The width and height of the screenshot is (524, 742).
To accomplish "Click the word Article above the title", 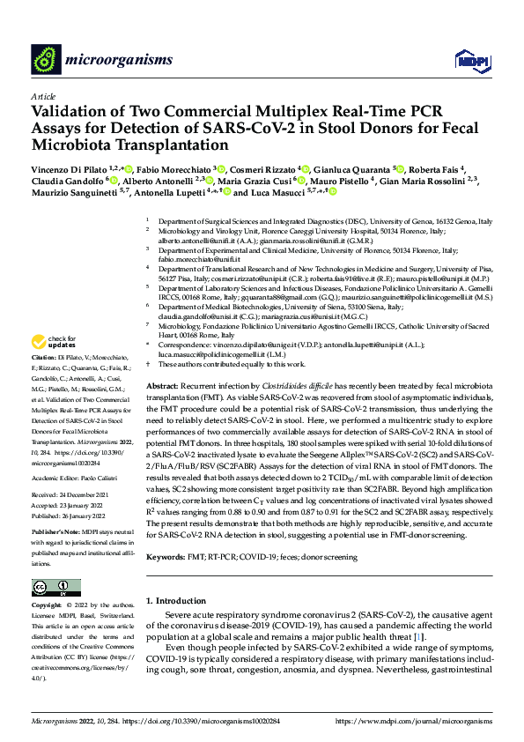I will tap(42, 96).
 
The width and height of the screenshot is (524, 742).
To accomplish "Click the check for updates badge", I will tap(55, 341).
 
